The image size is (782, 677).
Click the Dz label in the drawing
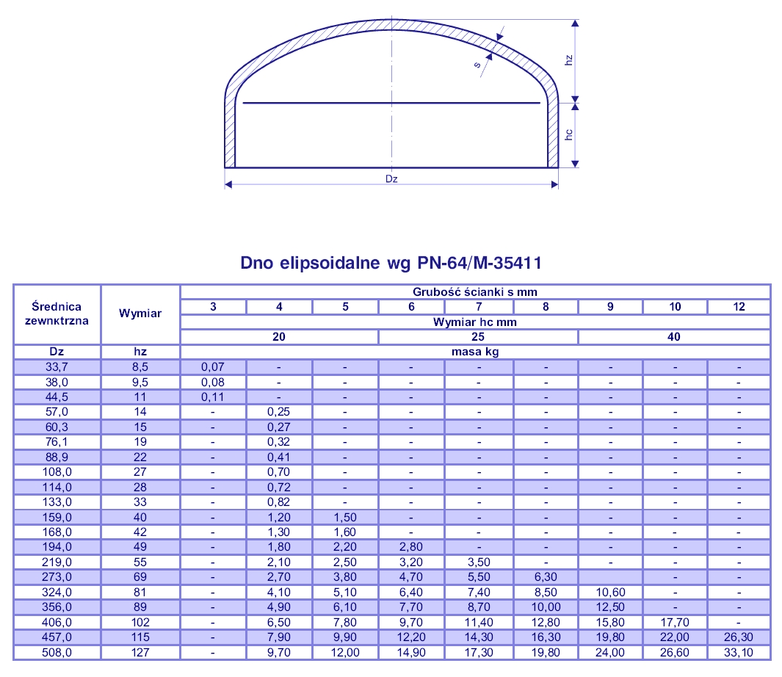click(391, 178)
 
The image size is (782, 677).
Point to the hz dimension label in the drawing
click(568, 60)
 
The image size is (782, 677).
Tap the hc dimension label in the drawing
click(568, 134)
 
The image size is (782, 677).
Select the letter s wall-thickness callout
click(477, 65)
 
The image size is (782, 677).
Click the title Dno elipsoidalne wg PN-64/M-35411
click(391, 262)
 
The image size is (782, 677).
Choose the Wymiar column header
click(140, 314)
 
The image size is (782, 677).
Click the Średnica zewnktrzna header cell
click(57, 314)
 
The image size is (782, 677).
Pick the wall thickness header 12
click(739, 307)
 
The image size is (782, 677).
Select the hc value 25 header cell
click(478, 337)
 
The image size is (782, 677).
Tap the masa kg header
click(475, 352)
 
